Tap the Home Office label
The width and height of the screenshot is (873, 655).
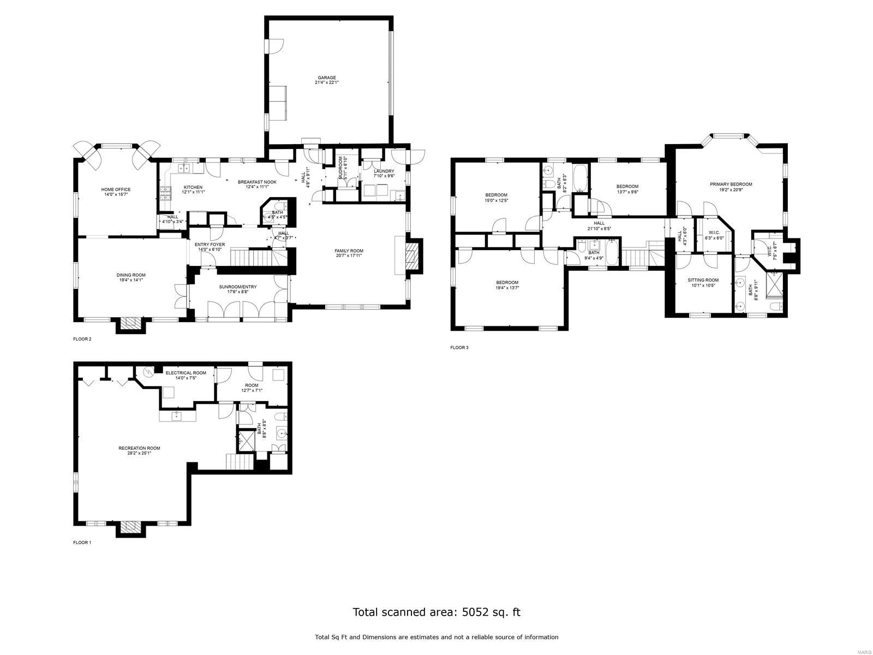(116, 189)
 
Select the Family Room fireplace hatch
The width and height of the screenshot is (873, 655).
(413, 257)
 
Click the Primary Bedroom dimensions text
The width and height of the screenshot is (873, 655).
(731, 190)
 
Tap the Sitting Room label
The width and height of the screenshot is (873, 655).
(703, 280)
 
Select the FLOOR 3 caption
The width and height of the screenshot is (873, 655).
(459, 347)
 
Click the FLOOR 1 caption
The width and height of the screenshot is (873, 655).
(82, 543)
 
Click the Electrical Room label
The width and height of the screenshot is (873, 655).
(186, 373)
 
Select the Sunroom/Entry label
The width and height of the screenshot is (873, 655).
(238, 287)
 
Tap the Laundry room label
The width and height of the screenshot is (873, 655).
(384, 171)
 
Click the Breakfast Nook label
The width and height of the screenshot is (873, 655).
(257, 182)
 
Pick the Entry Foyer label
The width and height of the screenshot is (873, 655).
(211, 245)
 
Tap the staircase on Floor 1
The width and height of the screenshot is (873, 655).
(240, 462)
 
